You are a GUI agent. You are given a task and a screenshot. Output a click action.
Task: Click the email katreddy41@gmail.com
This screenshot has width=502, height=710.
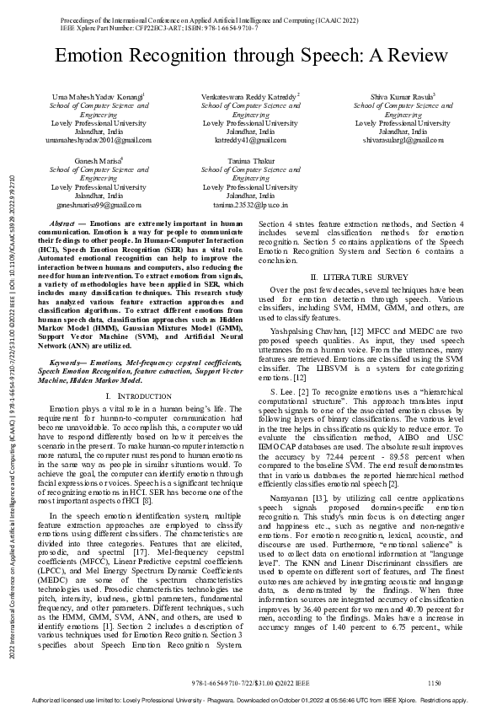click(x=250, y=140)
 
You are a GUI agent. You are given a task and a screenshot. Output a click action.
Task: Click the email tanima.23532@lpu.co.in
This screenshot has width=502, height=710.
click(x=250, y=204)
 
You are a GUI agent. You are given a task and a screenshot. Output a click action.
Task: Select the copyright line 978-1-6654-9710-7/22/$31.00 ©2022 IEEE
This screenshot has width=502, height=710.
click(x=250, y=681)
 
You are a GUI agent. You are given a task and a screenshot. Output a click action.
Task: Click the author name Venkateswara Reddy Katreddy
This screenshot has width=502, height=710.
click(x=250, y=98)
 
